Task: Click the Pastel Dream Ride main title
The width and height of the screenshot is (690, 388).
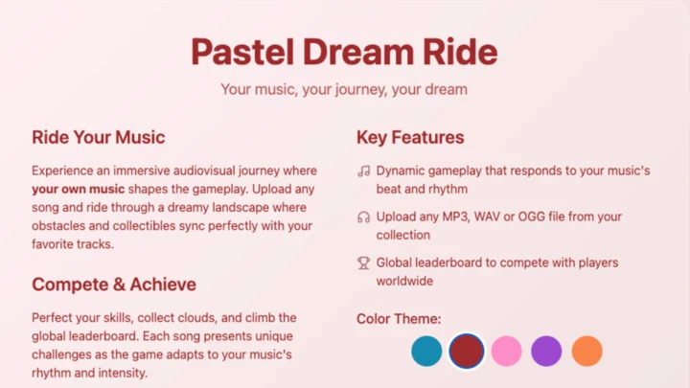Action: [x=344, y=51]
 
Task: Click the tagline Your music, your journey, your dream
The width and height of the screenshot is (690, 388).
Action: [x=344, y=89]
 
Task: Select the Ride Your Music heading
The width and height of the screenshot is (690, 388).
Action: [x=98, y=138]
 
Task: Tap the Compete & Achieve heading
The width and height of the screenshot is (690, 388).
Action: [x=114, y=285]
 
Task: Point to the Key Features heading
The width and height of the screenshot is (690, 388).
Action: [x=410, y=138]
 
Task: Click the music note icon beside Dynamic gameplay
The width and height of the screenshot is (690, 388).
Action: [x=363, y=171]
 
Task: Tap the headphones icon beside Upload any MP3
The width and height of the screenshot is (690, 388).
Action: [x=363, y=217]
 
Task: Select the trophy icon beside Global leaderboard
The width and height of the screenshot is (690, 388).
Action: [x=363, y=262]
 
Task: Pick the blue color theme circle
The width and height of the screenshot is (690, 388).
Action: [x=426, y=351]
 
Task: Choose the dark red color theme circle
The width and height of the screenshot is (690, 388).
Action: [x=467, y=351]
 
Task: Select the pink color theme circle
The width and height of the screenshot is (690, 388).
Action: [x=507, y=351]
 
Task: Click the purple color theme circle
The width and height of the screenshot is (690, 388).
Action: [x=546, y=351]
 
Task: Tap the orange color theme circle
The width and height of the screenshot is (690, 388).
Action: [x=586, y=351]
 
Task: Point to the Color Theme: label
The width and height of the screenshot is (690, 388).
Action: [x=399, y=319]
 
